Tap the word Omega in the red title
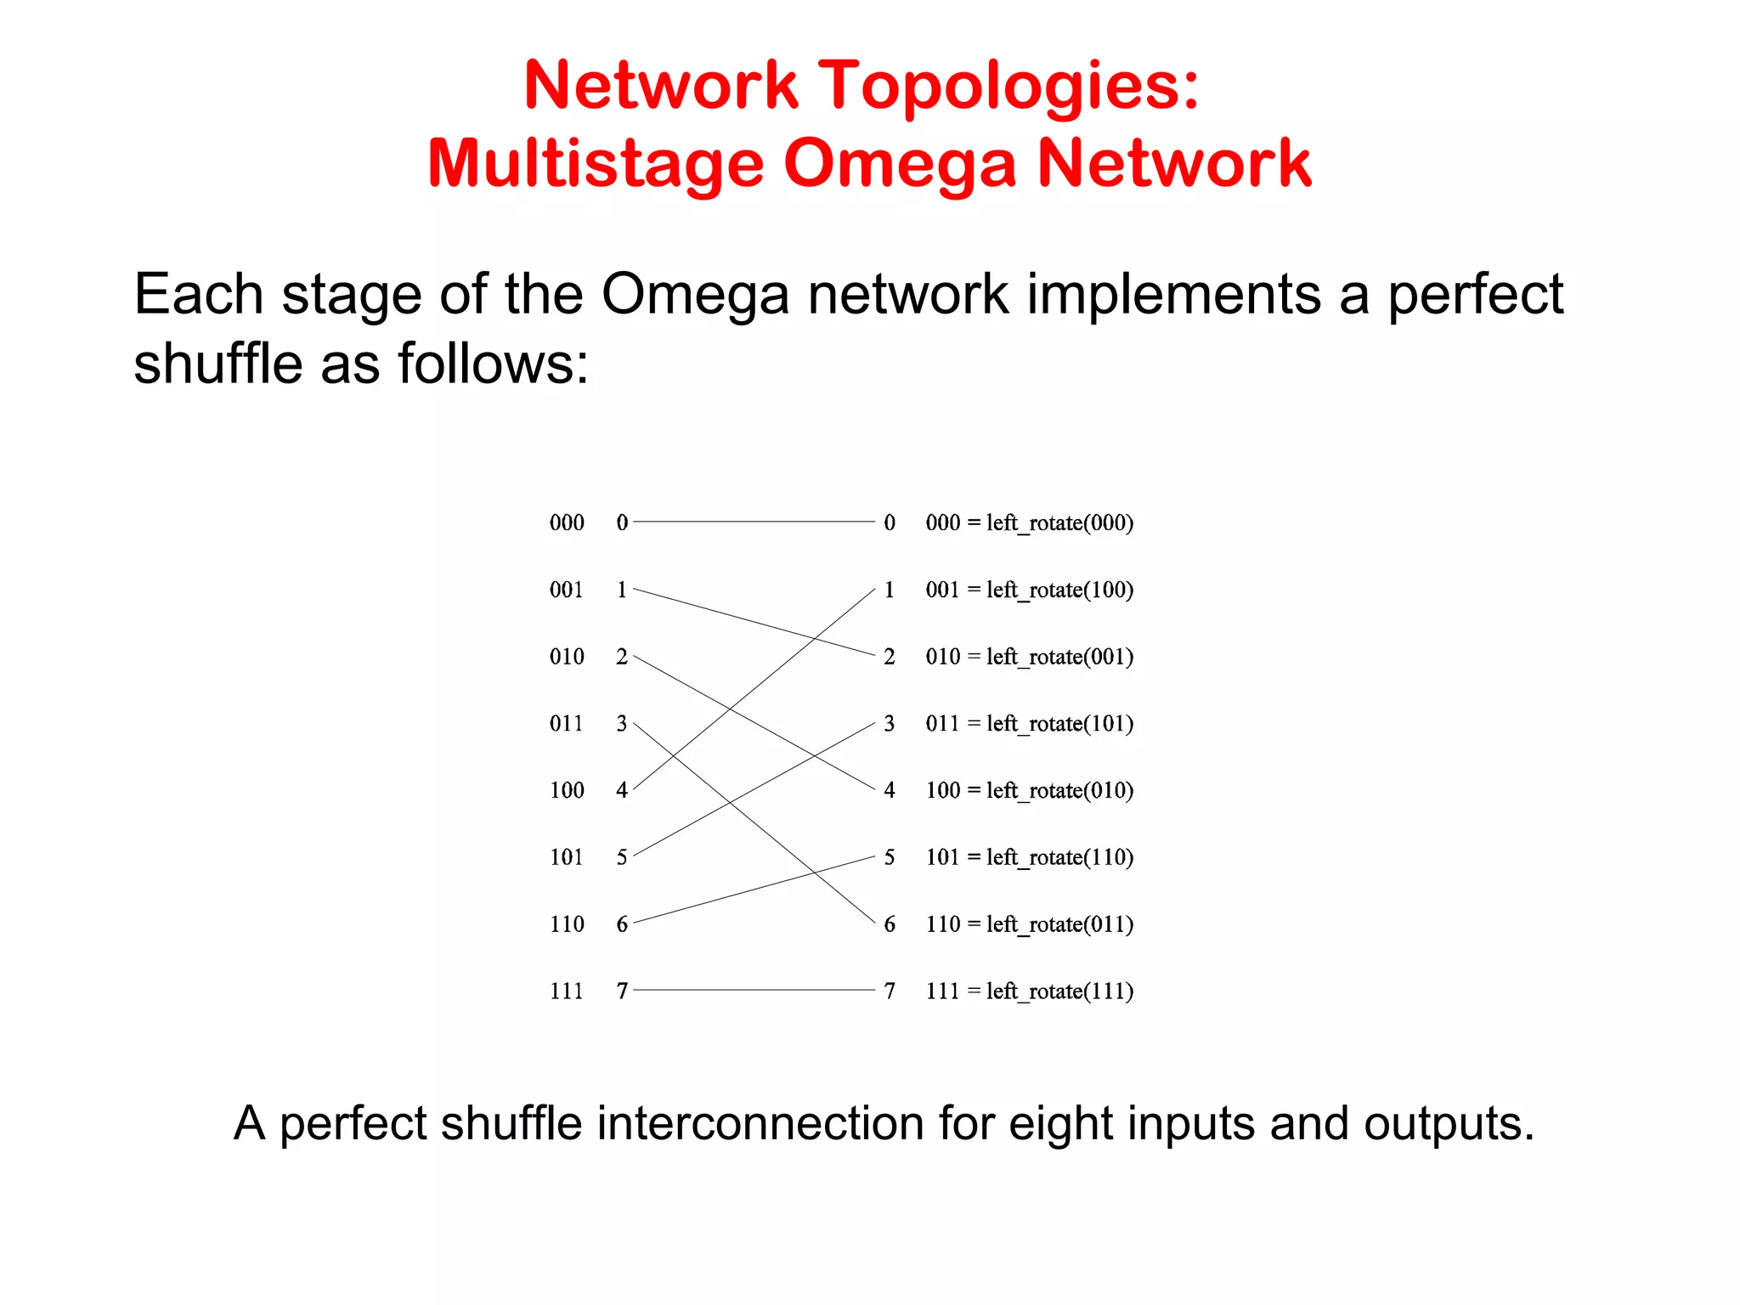pos(899,164)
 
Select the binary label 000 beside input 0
pos(567,523)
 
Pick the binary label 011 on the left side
pos(567,724)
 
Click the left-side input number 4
pos(622,790)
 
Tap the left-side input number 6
pos(622,924)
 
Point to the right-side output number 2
pos(890,657)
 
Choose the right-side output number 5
pos(890,857)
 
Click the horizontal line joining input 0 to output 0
pos(754,522)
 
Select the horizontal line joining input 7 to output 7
pos(754,990)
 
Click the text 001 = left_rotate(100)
pos(1029,590)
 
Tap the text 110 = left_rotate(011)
pos(1029,924)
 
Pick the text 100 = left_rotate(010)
pos(1029,790)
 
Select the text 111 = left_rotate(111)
pos(1029,991)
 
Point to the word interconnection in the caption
pos(760,1124)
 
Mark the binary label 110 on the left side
pos(567,924)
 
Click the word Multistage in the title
pos(596,164)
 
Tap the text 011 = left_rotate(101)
pos(1029,724)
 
